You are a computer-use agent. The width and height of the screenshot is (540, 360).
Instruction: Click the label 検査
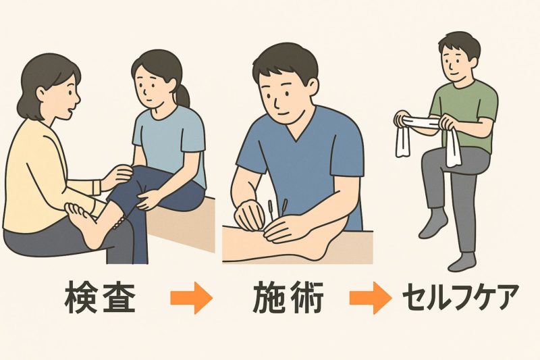pos(99,297)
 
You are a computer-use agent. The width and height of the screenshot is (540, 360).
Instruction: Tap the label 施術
pos(288,297)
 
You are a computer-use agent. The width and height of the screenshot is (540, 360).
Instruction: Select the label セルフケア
pos(460,297)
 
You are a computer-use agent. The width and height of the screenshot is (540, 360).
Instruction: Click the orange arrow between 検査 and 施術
pos(192,298)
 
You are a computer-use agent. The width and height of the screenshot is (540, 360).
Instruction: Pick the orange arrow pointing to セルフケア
pos(370,298)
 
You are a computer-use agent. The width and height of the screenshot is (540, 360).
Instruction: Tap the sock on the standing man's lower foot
pos(461,263)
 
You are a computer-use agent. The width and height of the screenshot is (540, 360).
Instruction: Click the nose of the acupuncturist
pos(276,100)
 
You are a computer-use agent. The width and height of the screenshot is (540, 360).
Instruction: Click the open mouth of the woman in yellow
pos(72,111)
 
